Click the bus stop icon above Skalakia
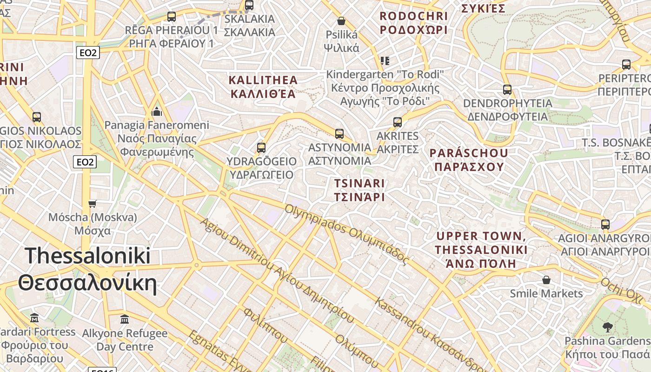(x=249, y=5)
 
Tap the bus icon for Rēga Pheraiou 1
(x=172, y=17)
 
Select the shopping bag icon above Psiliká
(x=341, y=21)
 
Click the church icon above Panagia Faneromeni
(x=157, y=112)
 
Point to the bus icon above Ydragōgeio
(x=261, y=148)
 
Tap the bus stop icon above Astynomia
(x=339, y=134)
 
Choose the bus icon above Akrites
(x=398, y=122)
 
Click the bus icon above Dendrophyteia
(x=507, y=89)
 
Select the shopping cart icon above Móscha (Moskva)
(x=93, y=204)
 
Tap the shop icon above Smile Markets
(x=546, y=280)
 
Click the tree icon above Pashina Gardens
(x=607, y=327)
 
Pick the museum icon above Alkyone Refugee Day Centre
(x=125, y=319)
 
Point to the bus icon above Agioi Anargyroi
(x=605, y=225)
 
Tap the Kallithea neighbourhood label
(x=263, y=87)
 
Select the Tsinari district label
(x=359, y=190)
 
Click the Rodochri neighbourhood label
(x=413, y=23)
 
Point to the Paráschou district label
(x=468, y=159)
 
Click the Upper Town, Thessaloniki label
(x=481, y=250)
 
